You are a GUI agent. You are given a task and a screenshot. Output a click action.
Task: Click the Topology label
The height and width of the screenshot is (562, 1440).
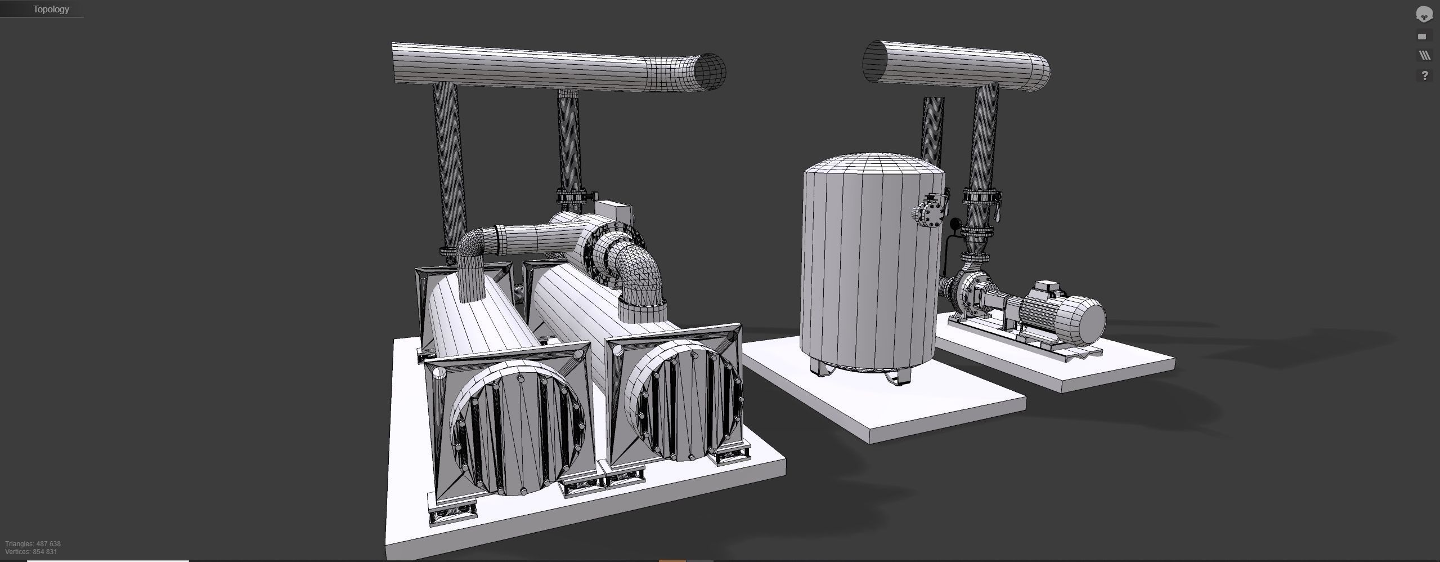(51, 9)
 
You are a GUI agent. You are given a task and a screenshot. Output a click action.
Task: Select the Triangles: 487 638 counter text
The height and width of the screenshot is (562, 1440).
(33, 543)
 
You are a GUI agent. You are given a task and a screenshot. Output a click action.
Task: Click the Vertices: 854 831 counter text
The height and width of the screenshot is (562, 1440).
(31, 552)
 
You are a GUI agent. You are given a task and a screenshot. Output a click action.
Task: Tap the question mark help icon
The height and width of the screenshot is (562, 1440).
(1424, 75)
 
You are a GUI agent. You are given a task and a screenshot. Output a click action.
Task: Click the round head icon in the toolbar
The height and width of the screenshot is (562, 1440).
(1424, 15)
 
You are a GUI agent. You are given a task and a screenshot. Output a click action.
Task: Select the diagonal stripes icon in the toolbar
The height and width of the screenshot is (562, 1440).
(1424, 55)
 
